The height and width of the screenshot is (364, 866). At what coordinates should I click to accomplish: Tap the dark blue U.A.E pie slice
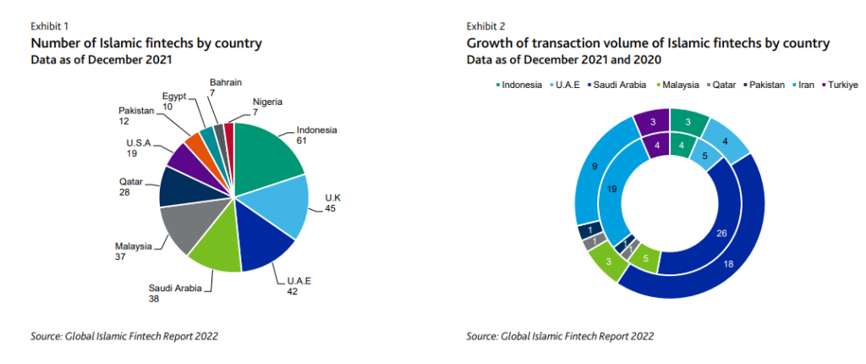(x=265, y=245)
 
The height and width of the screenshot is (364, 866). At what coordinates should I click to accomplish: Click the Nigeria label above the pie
(x=266, y=102)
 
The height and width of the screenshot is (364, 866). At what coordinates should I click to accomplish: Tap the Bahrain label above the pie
(x=225, y=82)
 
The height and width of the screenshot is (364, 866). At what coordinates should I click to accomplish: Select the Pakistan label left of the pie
(x=135, y=111)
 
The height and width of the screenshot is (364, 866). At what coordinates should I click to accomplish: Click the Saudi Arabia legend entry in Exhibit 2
(x=621, y=85)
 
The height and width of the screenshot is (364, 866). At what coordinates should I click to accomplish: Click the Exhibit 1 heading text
(x=48, y=27)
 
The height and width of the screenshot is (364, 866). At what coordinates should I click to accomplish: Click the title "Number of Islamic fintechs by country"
(x=146, y=43)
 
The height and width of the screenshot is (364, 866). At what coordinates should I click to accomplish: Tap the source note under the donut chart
(x=560, y=336)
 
